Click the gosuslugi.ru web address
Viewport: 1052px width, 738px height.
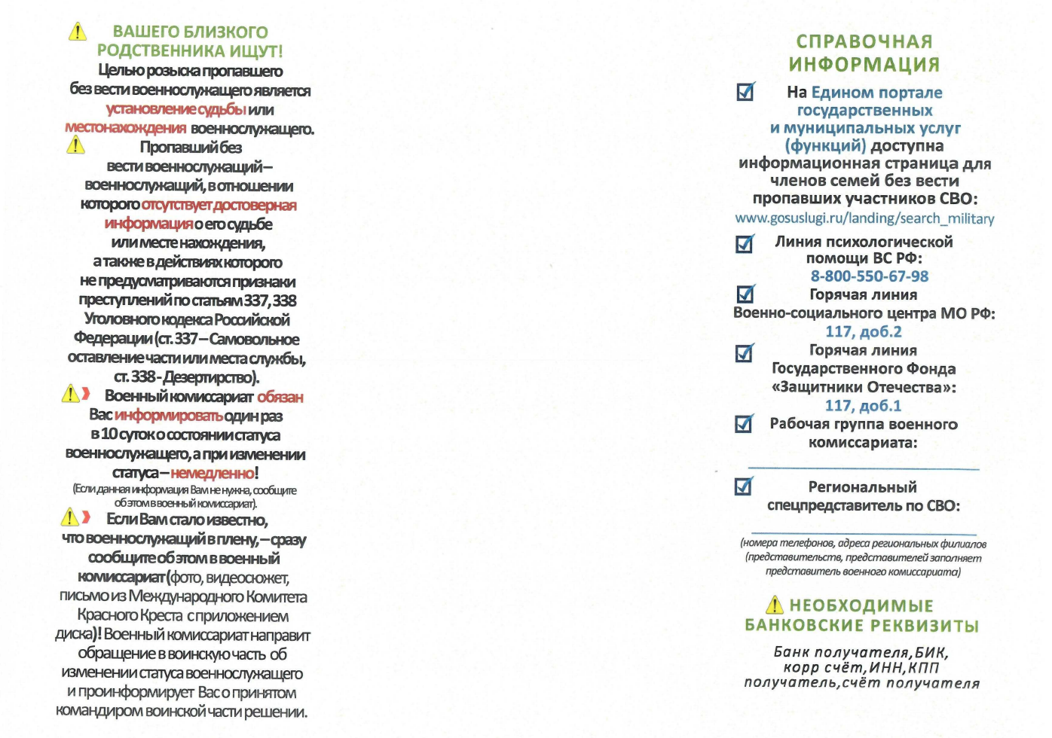point(864,218)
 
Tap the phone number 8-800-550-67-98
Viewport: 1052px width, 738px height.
point(869,276)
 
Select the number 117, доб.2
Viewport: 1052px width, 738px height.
point(863,331)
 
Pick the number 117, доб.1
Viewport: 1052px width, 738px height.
point(863,405)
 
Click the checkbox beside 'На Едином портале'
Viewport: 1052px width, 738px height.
point(745,92)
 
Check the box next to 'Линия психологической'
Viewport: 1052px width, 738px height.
point(744,244)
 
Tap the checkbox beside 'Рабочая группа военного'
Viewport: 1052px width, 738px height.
point(744,424)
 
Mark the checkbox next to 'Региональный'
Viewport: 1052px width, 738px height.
point(743,486)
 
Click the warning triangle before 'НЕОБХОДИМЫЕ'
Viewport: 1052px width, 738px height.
point(774,605)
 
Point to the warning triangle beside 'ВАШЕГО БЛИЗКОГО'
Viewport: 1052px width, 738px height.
point(78,32)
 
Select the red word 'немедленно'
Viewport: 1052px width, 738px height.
point(212,473)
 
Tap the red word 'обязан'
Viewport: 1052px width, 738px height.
point(280,397)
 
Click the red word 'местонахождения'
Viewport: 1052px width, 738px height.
point(126,128)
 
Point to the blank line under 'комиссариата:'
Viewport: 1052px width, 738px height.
point(863,468)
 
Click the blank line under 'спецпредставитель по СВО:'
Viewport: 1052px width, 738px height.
point(863,533)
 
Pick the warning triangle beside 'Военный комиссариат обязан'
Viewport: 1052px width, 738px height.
point(70,394)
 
